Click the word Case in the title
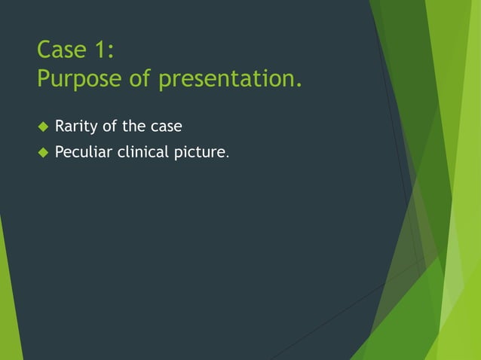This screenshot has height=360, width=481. tap(61, 50)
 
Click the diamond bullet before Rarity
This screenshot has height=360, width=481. tap(42, 126)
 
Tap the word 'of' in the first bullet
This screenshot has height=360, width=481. tap(110, 125)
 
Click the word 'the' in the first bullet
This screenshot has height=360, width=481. tap(135, 125)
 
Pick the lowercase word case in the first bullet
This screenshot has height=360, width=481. tap(167, 126)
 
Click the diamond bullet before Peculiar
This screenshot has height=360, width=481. tap(42, 153)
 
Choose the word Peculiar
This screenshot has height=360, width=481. tap(84, 153)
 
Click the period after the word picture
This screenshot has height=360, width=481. tap(227, 157)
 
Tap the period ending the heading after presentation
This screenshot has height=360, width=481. tap(299, 85)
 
